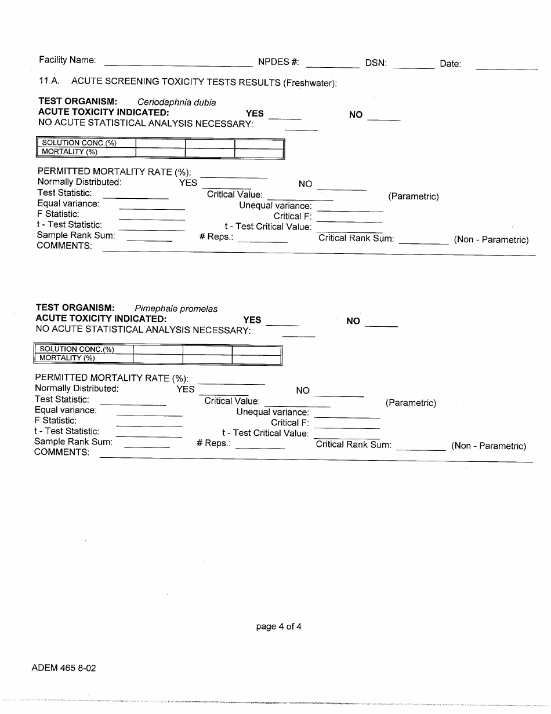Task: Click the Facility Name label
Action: click(67, 60)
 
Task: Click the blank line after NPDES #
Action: click(332, 65)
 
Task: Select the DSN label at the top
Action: click(376, 63)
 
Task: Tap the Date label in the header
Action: click(450, 64)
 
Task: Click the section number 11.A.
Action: click(49, 82)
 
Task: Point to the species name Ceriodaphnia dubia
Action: click(176, 103)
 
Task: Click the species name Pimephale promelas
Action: click(176, 309)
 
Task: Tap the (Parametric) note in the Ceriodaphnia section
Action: click(413, 196)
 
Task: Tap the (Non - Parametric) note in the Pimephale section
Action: click(488, 446)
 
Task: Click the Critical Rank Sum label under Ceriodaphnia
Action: click(356, 238)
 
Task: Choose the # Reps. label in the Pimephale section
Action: click(213, 443)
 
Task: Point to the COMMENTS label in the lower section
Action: click(61, 452)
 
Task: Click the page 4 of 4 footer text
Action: click(278, 626)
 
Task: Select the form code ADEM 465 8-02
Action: click(64, 668)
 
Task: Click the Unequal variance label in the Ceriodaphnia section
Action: click(275, 206)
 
